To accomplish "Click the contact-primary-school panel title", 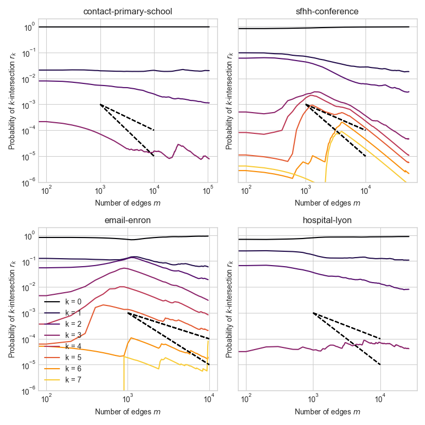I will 124,12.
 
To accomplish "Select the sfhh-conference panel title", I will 327,12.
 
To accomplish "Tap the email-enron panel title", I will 124,222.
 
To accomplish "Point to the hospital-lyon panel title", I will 327,222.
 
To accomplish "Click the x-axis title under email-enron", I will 124,412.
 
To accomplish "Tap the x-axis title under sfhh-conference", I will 327,202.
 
